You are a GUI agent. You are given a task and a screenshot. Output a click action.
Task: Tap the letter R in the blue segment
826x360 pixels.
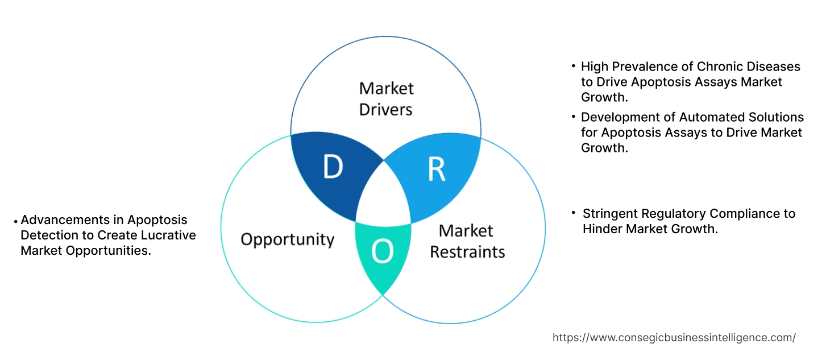click(x=436, y=169)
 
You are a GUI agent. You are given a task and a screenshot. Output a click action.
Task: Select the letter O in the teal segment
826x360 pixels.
click(x=382, y=253)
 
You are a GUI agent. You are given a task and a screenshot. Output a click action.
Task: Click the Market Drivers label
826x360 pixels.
click(x=386, y=98)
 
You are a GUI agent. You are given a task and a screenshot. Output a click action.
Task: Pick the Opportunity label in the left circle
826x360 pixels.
click(x=287, y=239)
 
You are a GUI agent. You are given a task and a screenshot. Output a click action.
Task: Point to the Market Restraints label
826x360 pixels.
click(x=467, y=241)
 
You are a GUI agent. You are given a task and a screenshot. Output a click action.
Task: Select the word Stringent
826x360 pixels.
click(x=610, y=214)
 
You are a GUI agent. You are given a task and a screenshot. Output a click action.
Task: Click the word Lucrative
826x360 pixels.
click(x=165, y=235)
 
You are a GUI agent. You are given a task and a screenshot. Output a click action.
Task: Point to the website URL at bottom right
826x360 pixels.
click(x=674, y=338)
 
